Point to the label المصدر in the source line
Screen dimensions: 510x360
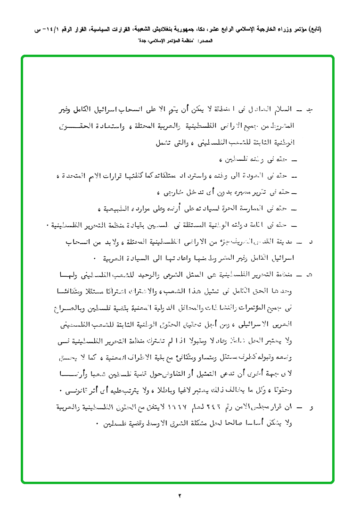point(205,41)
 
